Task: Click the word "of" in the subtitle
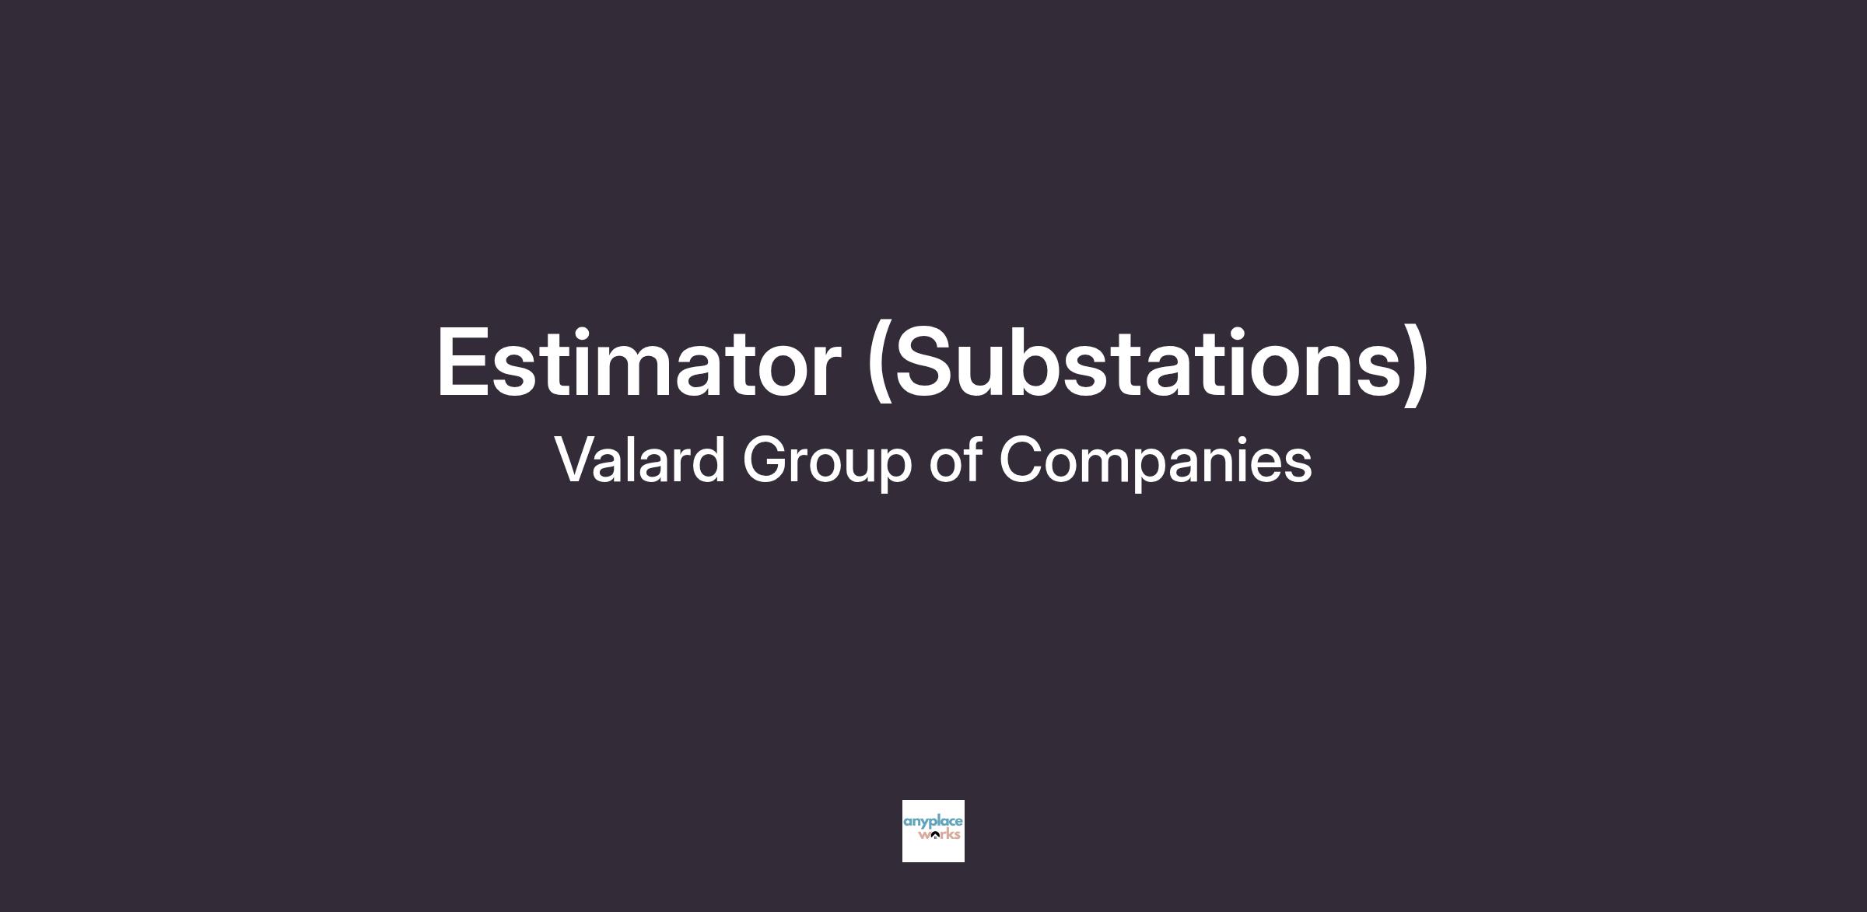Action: coord(955,459)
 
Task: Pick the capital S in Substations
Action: coord(926,362)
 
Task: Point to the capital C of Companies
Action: coord(1022,459)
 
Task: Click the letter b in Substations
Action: coord(1048,362)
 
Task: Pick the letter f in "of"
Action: coord(972,458)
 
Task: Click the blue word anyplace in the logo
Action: coord(933,823)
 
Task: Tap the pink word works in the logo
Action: coord(939,835)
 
